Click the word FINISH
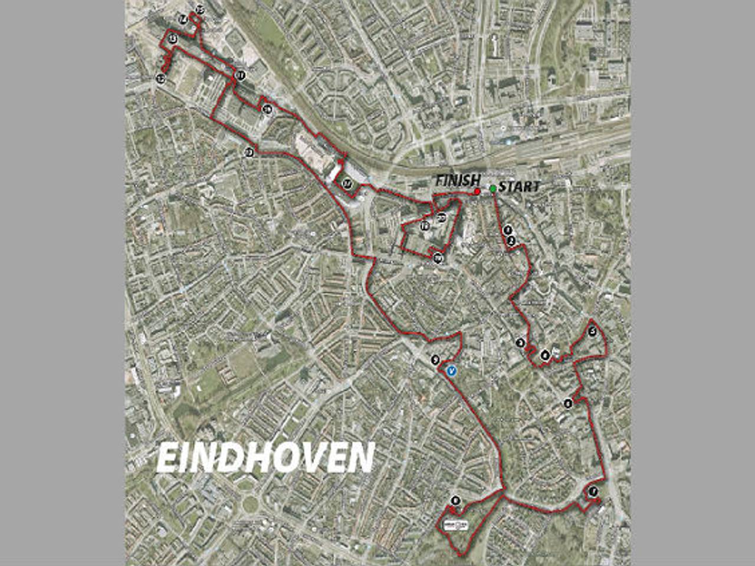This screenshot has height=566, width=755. tap(458, 181)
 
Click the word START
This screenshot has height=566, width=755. tap(518, 187)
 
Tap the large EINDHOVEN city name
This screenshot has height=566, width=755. tap(265, 457)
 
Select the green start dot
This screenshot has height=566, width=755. tap(493, 188)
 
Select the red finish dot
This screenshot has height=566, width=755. tap(477, 192)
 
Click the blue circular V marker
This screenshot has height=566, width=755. tap(452, 371)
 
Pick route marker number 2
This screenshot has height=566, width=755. tap(511, 240)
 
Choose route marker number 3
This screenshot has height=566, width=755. tap(520, 343)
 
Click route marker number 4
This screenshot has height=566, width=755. tap(545, 355)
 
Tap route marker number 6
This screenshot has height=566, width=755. tap(568, 404)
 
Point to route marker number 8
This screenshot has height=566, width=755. tap(455, 501)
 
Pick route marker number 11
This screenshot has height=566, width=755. tap(240, 75)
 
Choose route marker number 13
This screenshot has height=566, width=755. tap(172, 39)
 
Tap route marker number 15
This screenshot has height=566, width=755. tap(200, 9)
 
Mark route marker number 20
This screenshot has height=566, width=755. tap(442, 219)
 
